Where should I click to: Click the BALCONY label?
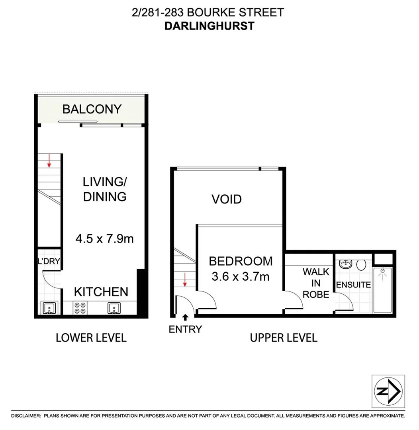pos(92,109)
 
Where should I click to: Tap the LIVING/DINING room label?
pos(105,189)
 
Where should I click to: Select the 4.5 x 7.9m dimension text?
pos(104,239)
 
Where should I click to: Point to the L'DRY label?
pos(49,262)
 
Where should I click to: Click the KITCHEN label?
pos(101,292)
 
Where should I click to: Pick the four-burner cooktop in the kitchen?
pos(79,308)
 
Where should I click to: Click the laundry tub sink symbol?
pos(49,308)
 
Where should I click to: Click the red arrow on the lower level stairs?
pos(49,160)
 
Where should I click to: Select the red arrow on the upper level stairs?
pos(185,279)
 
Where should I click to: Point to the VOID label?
pos(226,199)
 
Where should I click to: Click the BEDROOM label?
pos(241,261)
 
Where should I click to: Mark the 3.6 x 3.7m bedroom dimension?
pos(241,276)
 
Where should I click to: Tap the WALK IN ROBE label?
pos(316,283)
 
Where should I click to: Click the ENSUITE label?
pos(354,285)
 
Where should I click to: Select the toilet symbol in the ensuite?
pos(361,265)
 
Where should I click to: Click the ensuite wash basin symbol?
pos(345,264)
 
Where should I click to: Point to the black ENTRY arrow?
pos(185,317)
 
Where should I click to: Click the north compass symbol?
pos(388,391)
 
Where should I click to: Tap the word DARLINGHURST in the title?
pos(209,26)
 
